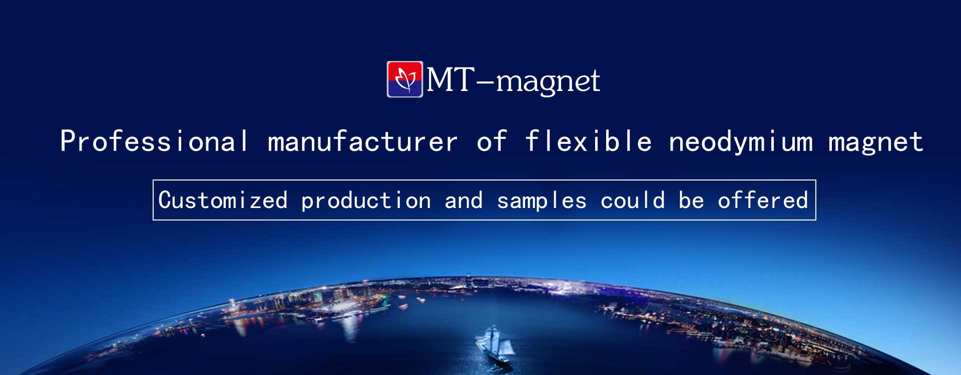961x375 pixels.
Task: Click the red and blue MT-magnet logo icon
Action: (405, 79)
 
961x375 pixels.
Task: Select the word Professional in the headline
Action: (154, 141)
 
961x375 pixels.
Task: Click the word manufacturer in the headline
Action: (363, 141)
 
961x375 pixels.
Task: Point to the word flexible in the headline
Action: (589, 141)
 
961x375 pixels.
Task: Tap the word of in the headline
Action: (492, 141)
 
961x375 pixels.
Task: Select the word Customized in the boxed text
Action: (223, 200)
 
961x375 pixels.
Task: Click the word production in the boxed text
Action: (366, 201)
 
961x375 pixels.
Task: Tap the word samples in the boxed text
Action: (542, 201)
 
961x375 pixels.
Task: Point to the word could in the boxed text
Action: (633, 200)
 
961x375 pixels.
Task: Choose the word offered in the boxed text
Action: (763, 200)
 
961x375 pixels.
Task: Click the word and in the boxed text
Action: (463, 200)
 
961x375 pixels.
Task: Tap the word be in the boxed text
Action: (691, 200)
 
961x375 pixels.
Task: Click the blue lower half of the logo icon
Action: (405, 88)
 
